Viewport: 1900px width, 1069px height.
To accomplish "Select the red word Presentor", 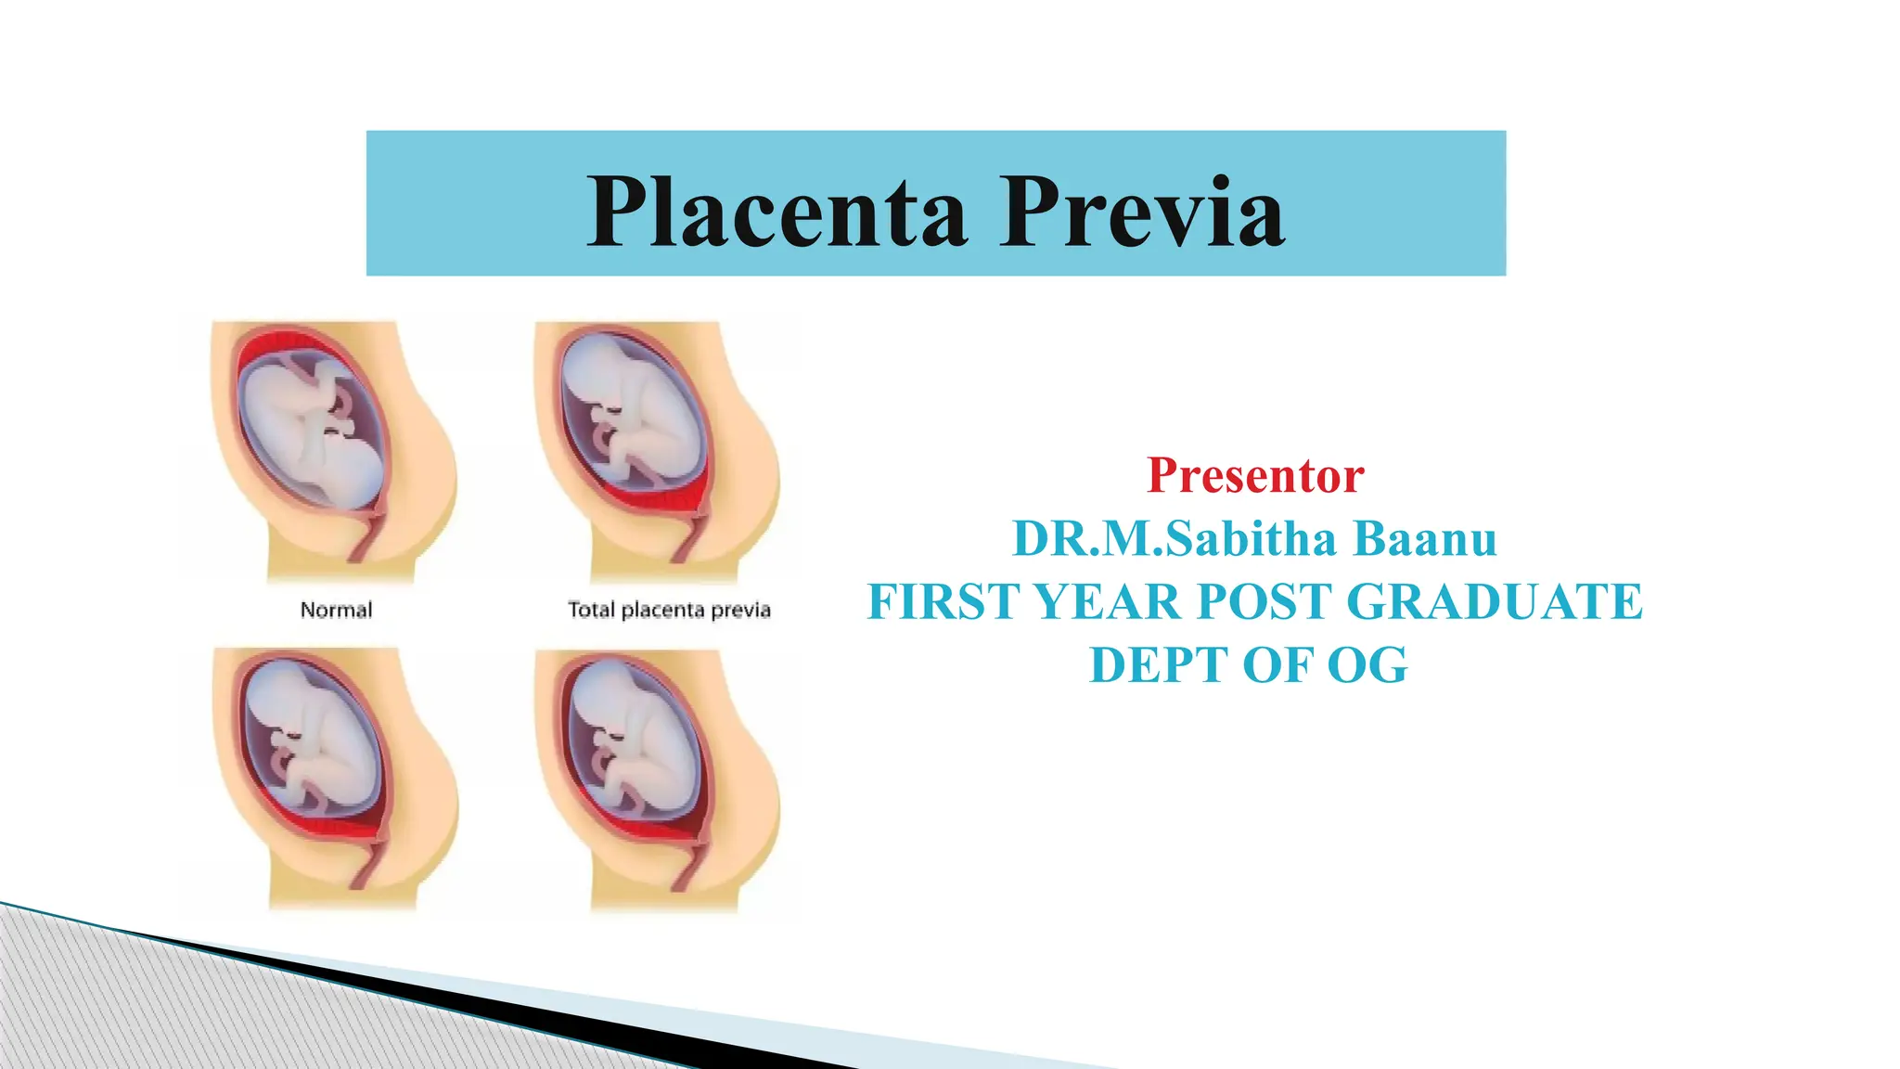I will [1255, 475].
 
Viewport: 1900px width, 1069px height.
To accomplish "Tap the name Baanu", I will [1425, 538].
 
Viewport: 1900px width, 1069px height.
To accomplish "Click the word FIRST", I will [944, 601].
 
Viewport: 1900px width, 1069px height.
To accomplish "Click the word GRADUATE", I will [1494, 601].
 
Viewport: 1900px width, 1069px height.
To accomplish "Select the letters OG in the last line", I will [1367, 665].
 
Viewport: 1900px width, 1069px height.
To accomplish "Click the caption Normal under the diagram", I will [336, 610].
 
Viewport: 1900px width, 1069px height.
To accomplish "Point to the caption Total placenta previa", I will [669, 610].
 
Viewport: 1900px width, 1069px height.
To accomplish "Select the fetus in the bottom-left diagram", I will [311, 742].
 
